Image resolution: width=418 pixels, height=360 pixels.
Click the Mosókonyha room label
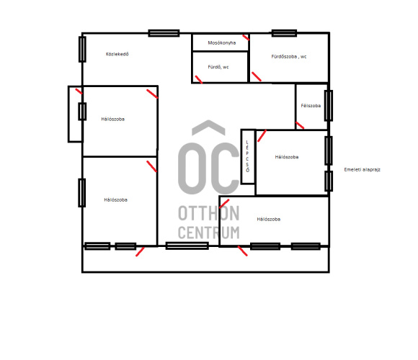click(222, 42)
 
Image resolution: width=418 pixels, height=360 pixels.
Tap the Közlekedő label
click(117, 54)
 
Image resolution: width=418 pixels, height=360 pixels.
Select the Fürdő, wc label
click(218, 67)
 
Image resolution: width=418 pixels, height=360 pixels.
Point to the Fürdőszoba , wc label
click(289, 56)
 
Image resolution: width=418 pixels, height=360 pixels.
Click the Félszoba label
click(311, 106)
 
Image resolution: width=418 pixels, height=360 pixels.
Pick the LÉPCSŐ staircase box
click(248, 156)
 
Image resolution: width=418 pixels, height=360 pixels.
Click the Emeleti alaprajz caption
click(362, 170)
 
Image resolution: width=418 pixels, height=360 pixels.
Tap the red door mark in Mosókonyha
click(246, 37)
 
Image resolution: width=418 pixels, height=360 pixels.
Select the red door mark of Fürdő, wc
click(199, 79)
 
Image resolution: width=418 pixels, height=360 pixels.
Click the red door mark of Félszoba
click(300, 125)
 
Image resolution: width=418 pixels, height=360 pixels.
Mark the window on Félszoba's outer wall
click(329, 106)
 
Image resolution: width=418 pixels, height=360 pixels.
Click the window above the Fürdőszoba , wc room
click(284, 33)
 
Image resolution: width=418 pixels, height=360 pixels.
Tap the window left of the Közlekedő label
click(82, 49)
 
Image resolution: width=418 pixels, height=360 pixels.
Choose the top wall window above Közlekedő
click(164, 33)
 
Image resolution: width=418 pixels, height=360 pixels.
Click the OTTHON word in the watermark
click(209, 213)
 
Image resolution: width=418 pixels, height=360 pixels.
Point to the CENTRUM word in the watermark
click(209, 233)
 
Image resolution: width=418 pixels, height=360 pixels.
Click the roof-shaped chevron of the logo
click(208, 127)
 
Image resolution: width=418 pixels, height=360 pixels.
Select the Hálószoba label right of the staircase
click(287, 157)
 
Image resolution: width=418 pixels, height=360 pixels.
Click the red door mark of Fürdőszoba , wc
click(257, 76)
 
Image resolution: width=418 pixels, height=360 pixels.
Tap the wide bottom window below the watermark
click(187, 246)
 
